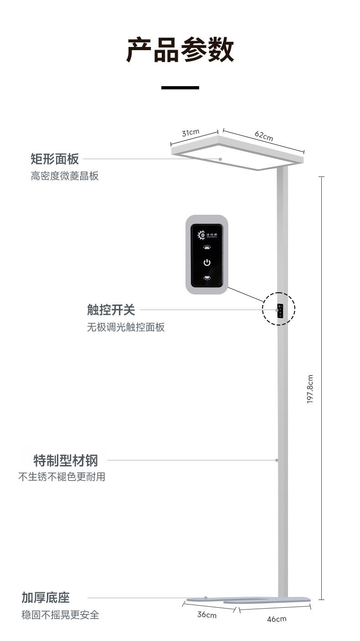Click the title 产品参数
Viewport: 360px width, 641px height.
pos(180,50)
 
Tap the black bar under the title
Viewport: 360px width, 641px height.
pos(180,88)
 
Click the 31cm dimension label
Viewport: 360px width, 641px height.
pos(190,133)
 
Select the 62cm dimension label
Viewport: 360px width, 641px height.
pos(264,136)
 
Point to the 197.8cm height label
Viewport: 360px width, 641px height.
pos(310,389)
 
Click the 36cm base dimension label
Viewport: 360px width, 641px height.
pos(206,615)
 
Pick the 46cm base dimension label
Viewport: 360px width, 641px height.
pos(276,619)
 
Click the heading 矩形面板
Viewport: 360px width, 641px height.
pos(55,159)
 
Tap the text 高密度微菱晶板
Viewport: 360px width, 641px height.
pos(65,176)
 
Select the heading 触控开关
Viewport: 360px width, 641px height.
pos(111,310)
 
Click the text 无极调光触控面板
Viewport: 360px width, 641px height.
pos(126,327)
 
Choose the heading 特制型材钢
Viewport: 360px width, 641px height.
pos(66,460)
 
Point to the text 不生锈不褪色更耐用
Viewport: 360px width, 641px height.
pos(62,477)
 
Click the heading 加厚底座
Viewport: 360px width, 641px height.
pos(46,598)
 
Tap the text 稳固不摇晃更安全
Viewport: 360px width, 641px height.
pos(60,615)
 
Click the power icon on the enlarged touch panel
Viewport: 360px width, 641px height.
pos(207,263)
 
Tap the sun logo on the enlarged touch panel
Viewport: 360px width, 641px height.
pos(201,235)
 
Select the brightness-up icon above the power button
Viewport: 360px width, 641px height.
pos(207,248)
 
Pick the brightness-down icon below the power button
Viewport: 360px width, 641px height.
pos(207,278)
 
